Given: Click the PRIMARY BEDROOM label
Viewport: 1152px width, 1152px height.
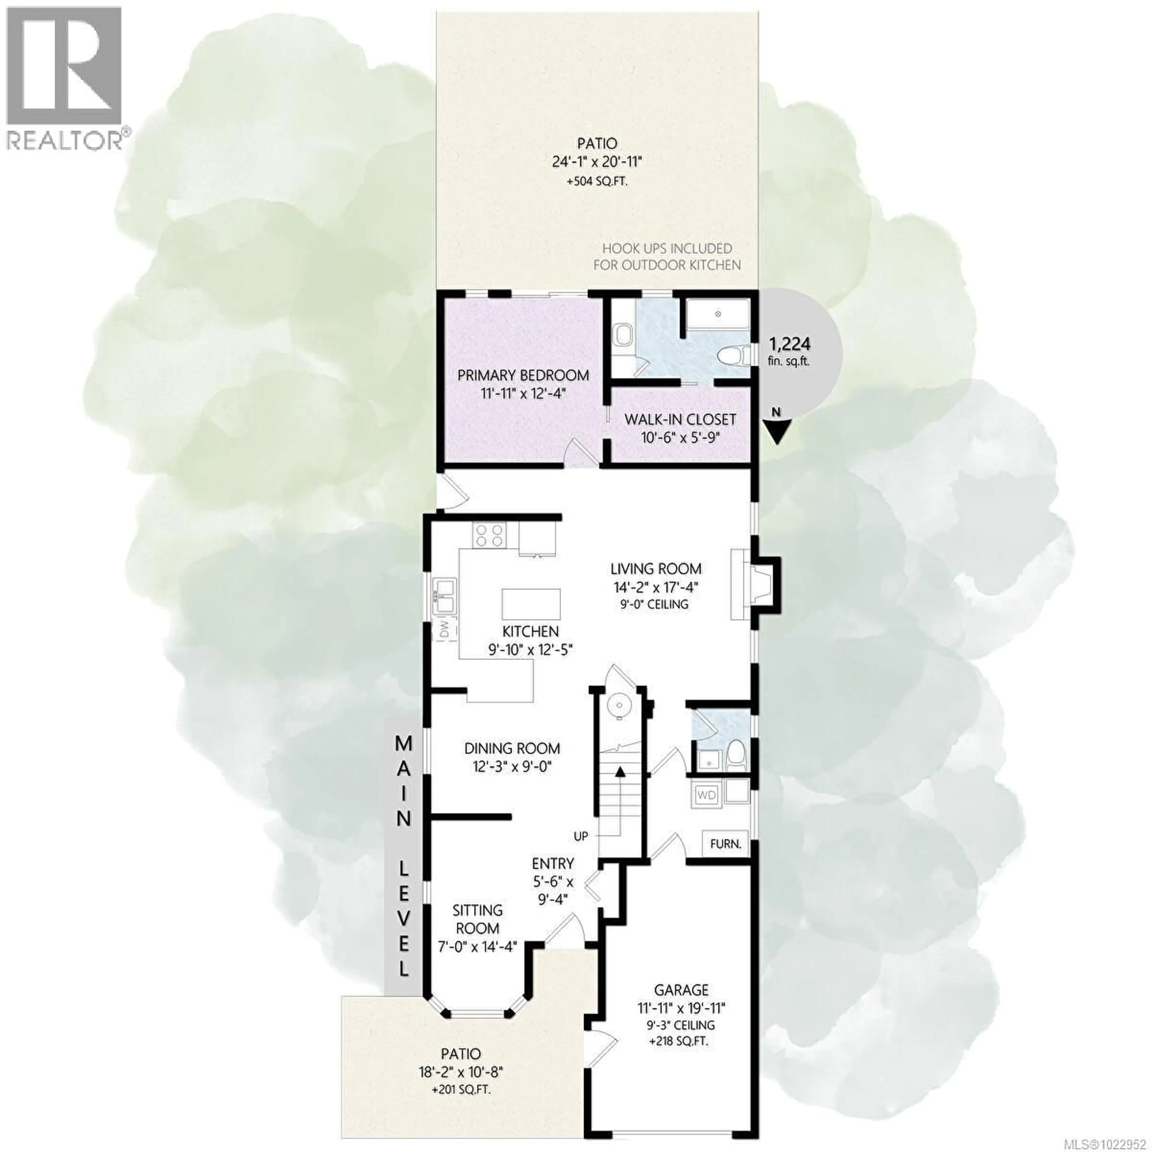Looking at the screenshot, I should (523, 376).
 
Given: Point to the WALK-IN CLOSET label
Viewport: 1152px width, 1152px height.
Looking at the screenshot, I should (680, 419).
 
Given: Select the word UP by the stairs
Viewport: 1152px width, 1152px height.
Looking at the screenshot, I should (581, 837).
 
